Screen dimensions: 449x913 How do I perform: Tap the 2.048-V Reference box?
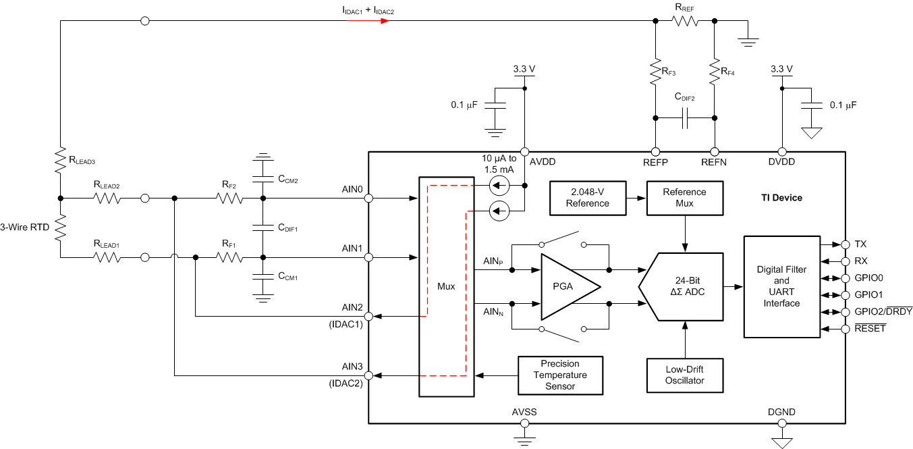point(587,198)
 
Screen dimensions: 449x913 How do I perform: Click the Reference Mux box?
point(684,198)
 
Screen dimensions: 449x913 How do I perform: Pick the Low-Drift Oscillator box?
point(684,375)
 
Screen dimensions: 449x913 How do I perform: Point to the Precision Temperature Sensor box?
point(560,375)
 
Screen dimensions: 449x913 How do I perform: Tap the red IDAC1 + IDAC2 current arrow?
point(368,21)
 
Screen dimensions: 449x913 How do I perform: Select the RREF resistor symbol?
point(684,22)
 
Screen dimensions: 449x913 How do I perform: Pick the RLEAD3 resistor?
point(60,161)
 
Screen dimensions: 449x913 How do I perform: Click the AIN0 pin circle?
point(368,199)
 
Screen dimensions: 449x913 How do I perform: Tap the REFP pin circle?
point(654,152)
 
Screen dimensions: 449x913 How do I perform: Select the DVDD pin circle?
point(782,152)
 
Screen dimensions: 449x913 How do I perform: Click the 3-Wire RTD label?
point(25,228)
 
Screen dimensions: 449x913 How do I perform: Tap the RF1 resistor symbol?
point(229,257)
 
